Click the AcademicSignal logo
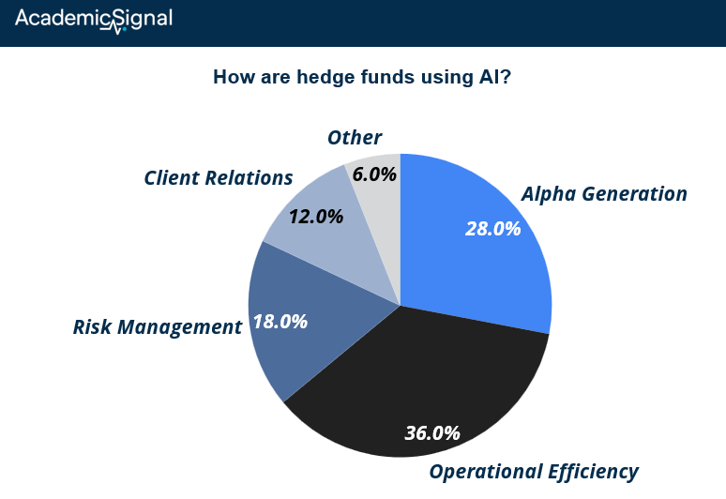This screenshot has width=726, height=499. [94, 21]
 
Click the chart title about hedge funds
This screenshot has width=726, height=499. [362, 77]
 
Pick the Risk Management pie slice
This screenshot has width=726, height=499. [306, 320]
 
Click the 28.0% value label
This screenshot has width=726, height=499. [493, 229]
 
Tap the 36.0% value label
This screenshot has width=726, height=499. [432, 433]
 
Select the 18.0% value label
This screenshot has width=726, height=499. [280, 322]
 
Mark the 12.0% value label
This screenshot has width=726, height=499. [316, 217]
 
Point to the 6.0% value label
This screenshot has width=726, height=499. [374, 174]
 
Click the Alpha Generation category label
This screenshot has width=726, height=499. [604, 193]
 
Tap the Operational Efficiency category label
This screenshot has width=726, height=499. [534, 472]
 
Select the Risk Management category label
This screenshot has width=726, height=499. [158, 326]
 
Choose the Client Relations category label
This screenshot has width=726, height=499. [218, 178]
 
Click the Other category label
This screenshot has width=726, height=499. [355, 138]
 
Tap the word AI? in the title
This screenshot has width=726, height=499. [495, 77]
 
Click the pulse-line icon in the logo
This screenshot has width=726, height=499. [113, 28]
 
